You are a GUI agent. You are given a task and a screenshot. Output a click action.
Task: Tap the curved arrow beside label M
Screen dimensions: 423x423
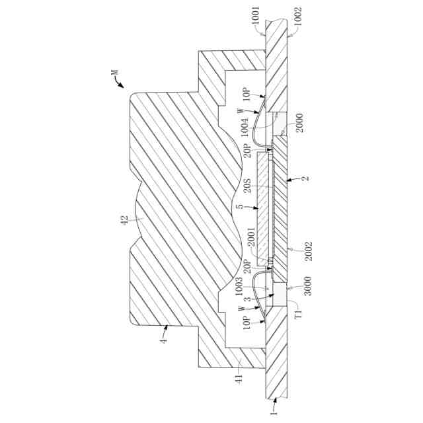pos(120,81)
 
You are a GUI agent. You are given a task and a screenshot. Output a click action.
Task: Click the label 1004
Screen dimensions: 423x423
pos(245,126)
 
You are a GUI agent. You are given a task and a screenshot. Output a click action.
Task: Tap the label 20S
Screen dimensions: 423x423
pos(245,187)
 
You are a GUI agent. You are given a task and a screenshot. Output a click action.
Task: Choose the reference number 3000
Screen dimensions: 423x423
pos(298,290)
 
